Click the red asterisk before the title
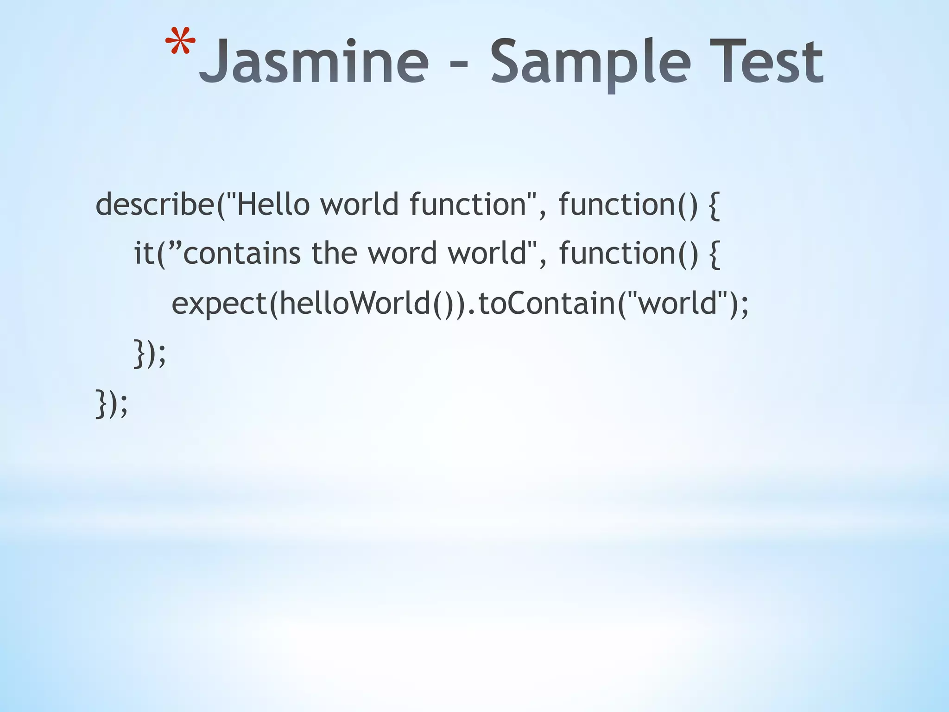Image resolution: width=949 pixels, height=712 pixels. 180,44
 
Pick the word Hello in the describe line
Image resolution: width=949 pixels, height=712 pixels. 273,204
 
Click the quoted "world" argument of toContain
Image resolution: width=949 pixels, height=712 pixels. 678,303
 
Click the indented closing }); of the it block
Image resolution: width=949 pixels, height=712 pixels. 149,354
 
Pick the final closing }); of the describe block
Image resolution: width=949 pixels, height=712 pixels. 111,404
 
